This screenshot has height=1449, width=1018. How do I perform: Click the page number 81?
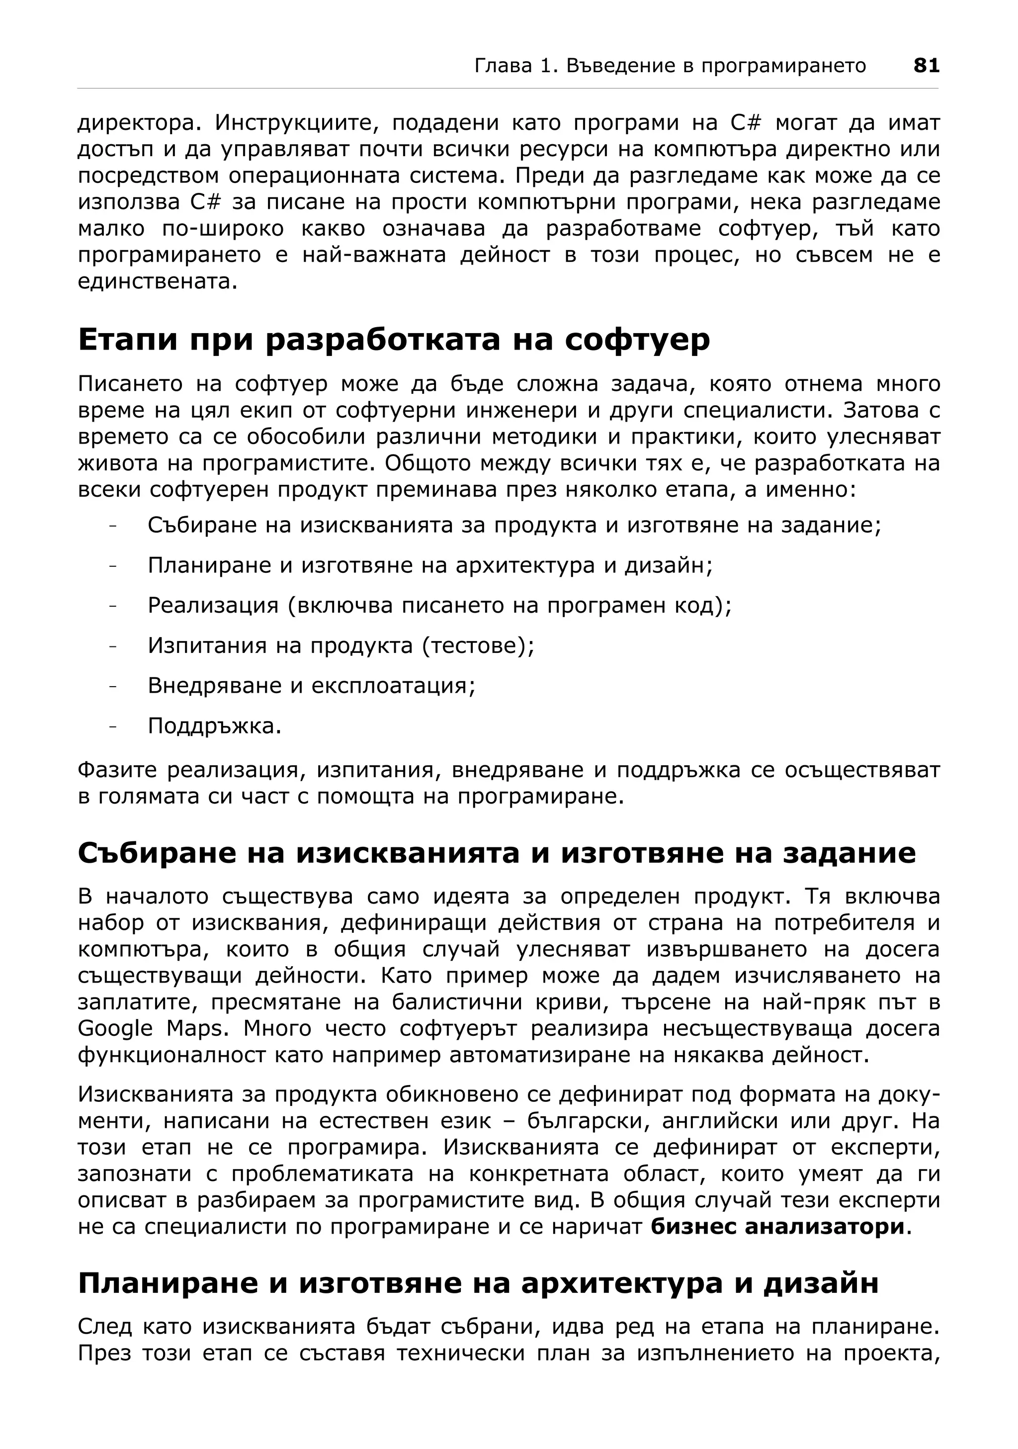point(926,66)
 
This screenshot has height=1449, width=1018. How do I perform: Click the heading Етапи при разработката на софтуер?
point(394,340)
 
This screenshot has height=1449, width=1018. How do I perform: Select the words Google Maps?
point(152,1028)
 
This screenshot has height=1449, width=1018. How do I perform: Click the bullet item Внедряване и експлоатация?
point(312,685)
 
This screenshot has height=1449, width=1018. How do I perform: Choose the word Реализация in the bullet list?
point(213,605)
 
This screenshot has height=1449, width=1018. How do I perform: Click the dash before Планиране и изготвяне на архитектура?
point(113,565)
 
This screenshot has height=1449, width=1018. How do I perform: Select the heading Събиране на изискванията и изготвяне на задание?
point(497,853)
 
